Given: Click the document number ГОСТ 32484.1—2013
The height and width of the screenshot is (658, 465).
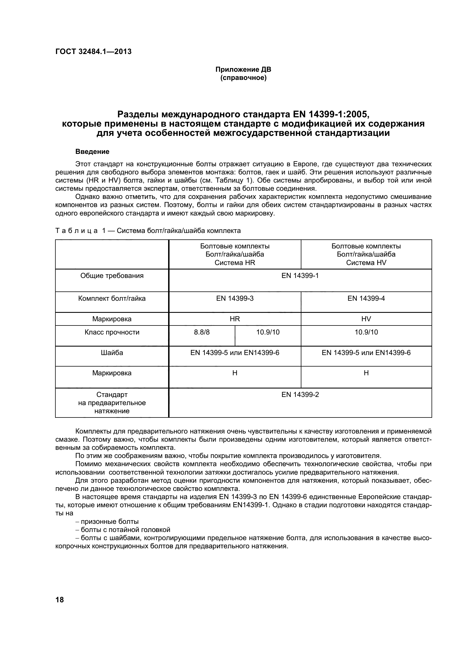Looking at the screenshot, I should tap(93, 51).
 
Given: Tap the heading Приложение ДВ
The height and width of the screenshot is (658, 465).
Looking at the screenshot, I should tap(243, 69).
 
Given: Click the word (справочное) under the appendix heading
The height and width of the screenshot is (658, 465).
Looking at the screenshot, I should tap(243, 78).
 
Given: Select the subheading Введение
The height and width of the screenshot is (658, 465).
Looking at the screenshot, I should tap(92, 152).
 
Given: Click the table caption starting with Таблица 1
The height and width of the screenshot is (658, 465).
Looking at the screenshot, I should tap(148, 231).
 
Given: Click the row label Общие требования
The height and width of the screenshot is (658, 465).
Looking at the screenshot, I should tap(112, 276).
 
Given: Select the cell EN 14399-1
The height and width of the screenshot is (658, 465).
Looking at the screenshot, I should tap(300, 276).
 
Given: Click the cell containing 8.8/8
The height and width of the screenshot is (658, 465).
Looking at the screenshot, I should tap(202, 332).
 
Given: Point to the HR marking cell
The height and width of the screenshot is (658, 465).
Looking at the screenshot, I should tap(234, 319).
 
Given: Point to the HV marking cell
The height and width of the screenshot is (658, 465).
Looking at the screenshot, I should tap(366, 319).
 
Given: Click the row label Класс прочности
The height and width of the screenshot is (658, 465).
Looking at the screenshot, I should tap(112, 332).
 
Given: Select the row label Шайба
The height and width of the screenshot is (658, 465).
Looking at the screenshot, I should tap(112, 352).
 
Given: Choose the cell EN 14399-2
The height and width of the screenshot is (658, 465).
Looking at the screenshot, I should tap(300, 395).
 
